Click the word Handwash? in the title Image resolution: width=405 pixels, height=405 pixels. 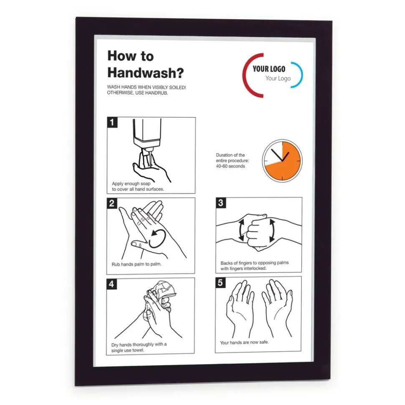(145, 73)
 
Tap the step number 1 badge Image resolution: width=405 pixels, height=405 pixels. (112, 123)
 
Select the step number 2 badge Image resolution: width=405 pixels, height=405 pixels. (112, 203)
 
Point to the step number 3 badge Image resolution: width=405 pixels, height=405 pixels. (221, 203)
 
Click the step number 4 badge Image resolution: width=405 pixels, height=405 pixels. (112, 284)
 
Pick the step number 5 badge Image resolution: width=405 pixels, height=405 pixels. (221, 282)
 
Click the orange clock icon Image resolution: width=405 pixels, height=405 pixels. (282, 161)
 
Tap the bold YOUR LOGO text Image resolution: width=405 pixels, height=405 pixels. (269, 69)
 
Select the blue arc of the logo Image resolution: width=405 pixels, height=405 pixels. (299, 75)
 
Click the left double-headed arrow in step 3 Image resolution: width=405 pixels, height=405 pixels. (241, 231)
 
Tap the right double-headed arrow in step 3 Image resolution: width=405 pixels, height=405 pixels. (272, 231)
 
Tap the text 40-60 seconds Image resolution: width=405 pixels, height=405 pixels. (230, 166)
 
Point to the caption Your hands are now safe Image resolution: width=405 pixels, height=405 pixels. (244, 342)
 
